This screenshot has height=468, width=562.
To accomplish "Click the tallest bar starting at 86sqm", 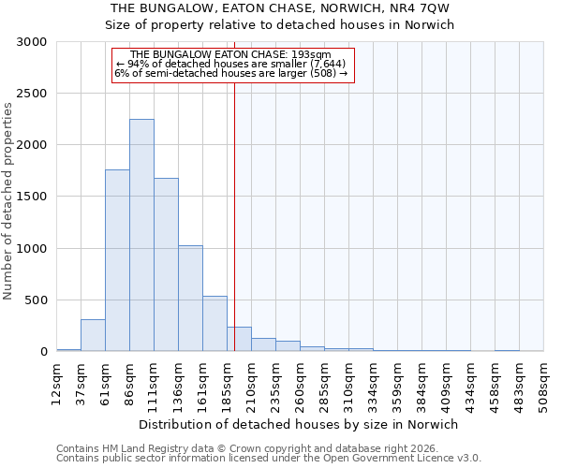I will (141, 235).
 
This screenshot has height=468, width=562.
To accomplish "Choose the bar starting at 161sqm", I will (214, 323).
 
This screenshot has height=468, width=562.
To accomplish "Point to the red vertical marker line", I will (234, 215).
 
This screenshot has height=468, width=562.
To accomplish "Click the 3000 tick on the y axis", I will (32, 42).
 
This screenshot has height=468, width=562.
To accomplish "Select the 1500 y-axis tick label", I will (32, 197).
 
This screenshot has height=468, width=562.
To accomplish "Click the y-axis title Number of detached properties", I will (8, 201).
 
